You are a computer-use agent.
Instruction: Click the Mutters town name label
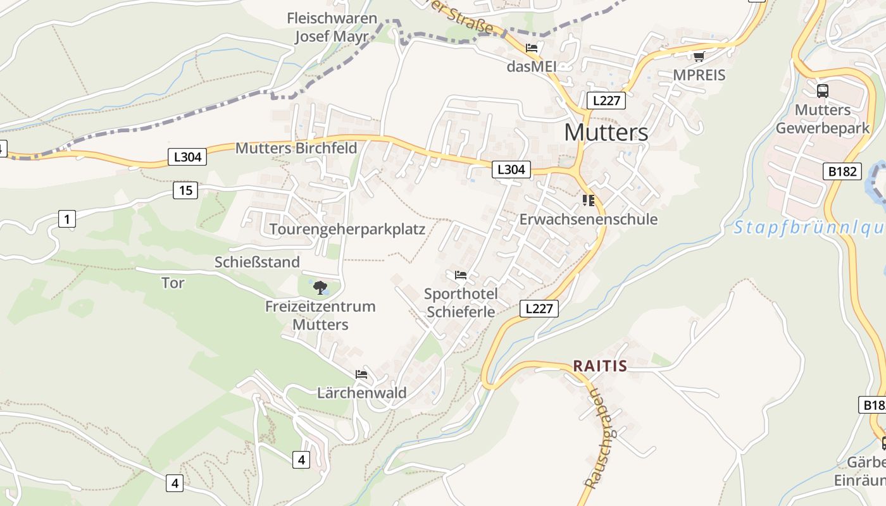click(606, 132)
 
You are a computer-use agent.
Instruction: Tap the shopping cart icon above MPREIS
click(699, 57)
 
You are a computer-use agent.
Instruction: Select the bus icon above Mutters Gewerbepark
click(822, 90)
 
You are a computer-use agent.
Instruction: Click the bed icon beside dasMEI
click(532, 47)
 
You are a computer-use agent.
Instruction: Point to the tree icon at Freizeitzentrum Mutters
click(320, 288)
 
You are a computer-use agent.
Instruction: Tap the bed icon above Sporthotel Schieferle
click(461, 275)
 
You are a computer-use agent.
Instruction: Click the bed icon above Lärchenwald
click(361, 374)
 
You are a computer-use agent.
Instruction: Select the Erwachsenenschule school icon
click(589, 201)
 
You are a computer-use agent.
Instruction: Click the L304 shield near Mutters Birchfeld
click(187, 157)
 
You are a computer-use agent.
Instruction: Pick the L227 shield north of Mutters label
click(606, 100)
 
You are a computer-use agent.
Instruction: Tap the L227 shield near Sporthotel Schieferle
click(539, 309)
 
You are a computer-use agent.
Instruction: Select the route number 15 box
click(185, 190)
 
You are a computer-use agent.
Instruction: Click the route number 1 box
click(66, 219)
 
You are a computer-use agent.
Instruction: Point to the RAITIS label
click(599, 366)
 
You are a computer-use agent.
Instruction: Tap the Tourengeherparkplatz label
click(347, 229)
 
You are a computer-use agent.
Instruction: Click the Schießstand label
click(257, 262)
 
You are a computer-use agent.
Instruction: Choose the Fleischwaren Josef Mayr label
click(332, 27)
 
